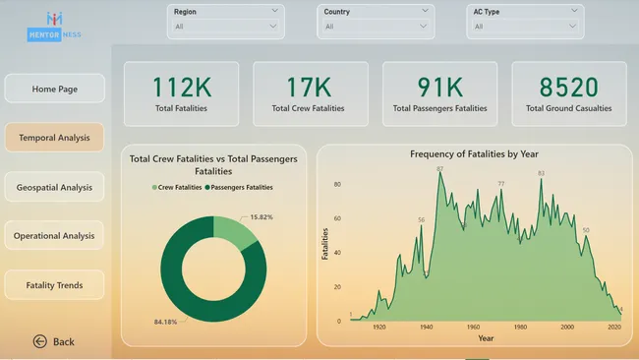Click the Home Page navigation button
54,89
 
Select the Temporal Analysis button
54,138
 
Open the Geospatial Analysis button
54,187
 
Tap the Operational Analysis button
54,236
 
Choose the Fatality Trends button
54,285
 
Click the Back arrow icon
40,341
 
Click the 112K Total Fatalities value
181,87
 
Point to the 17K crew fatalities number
310,87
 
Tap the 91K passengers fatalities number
439,87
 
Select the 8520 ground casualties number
568,87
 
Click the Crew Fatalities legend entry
179,187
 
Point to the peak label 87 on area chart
439,169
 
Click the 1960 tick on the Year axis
473,328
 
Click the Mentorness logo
55,24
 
